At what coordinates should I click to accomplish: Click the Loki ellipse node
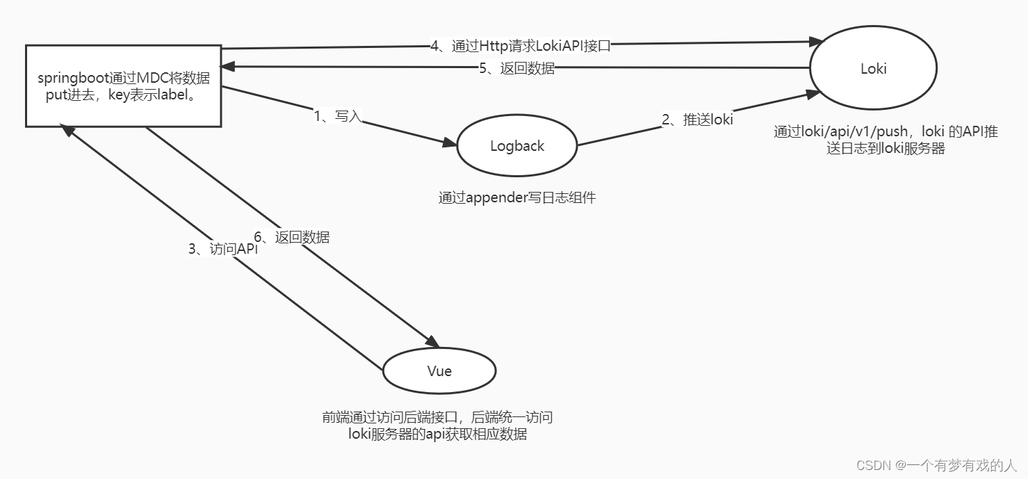point(873,68)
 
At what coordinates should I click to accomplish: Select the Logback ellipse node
point(517,146)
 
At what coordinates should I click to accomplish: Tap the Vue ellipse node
point(439,371)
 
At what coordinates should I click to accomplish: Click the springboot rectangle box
point(123,86)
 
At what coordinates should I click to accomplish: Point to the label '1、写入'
point(338,116)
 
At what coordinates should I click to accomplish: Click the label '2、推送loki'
point(697,119)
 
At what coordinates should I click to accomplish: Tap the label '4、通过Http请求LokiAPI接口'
point(521,47)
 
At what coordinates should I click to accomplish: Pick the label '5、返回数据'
point(516,68)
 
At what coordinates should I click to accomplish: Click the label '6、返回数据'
point(291,236)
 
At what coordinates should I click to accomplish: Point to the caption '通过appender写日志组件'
point(517,197)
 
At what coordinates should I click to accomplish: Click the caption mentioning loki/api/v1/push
point(886,140)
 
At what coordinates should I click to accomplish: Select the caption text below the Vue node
point(437,425)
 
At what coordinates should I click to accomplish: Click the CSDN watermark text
point(936,464)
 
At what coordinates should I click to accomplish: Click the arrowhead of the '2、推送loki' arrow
point(815,93)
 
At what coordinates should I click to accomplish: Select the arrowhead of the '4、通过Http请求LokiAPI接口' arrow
point(815,42)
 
